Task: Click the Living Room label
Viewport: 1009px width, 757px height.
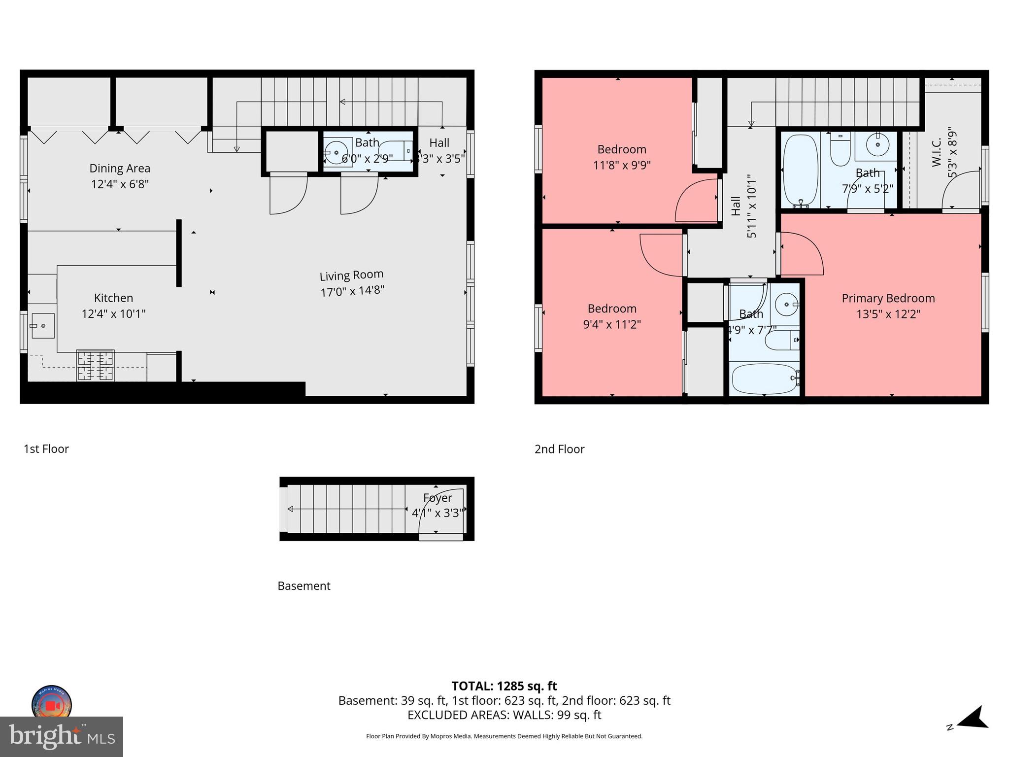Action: click(x=351, y=275)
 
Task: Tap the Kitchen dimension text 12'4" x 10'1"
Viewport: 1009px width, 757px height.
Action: click(x=113, y=314)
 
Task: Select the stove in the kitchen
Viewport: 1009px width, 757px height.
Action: click(x=96, y=365)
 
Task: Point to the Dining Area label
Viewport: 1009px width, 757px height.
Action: click(x=120, y=169)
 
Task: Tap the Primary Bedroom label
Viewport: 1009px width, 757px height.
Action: click(x=888, y=298)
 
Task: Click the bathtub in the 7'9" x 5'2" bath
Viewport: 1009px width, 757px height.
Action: click(x=801, y=170)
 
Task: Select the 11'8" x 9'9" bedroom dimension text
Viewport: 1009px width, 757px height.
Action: click(x=622, y=165)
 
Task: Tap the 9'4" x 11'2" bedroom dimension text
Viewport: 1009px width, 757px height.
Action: click(x=612, y=324)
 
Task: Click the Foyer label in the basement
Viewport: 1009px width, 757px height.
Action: click(x=437, y=498)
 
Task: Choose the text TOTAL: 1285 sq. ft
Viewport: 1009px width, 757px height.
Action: click(x=504, y=686)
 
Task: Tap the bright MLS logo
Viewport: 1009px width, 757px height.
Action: click(x=62, y=737)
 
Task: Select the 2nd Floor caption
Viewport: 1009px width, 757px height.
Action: click(x=559, y=449)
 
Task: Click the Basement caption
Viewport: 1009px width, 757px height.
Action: click(x=304, y=586)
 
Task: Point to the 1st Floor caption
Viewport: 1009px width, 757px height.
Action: click(x=46, y=449)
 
